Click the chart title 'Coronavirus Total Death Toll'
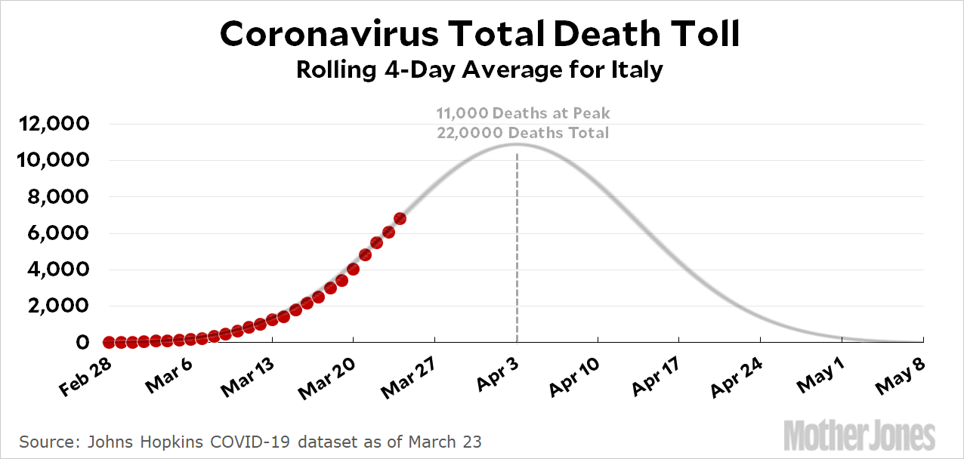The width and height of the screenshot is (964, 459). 480,34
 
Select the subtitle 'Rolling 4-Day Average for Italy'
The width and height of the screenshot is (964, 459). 480,70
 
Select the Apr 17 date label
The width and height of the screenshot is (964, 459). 657,377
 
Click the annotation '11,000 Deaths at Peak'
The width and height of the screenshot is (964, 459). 522,114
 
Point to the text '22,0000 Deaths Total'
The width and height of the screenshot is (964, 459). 522,133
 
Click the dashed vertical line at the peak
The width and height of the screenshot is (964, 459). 517,249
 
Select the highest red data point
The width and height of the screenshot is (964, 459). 400,219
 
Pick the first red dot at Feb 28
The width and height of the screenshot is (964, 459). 109,342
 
